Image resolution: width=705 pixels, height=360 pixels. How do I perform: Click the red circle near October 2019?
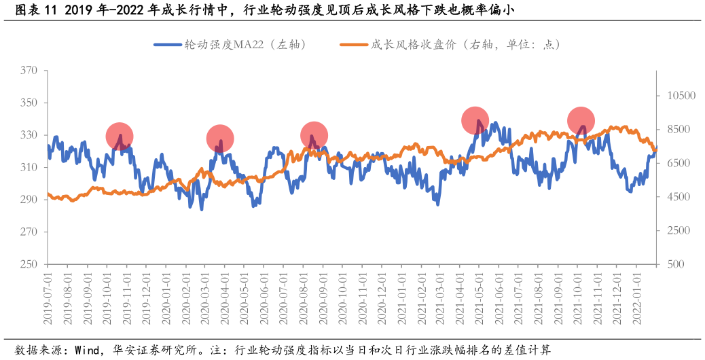[x=120, y=137]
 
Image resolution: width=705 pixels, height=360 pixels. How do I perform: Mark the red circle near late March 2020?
[x=220, y=139]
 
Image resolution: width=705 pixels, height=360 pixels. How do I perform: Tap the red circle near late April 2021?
[x=475, y=120]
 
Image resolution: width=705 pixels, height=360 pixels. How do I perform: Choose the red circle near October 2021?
[x=581, y=121]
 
